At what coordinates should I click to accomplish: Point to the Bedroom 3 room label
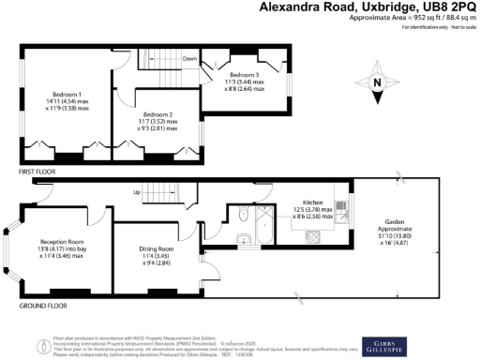point(244,74)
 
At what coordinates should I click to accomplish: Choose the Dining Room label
point(155,248)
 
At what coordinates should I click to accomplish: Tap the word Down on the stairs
point(189,58)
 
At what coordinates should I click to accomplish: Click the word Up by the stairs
point(139,194)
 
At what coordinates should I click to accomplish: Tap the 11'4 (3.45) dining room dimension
point(155,256)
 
